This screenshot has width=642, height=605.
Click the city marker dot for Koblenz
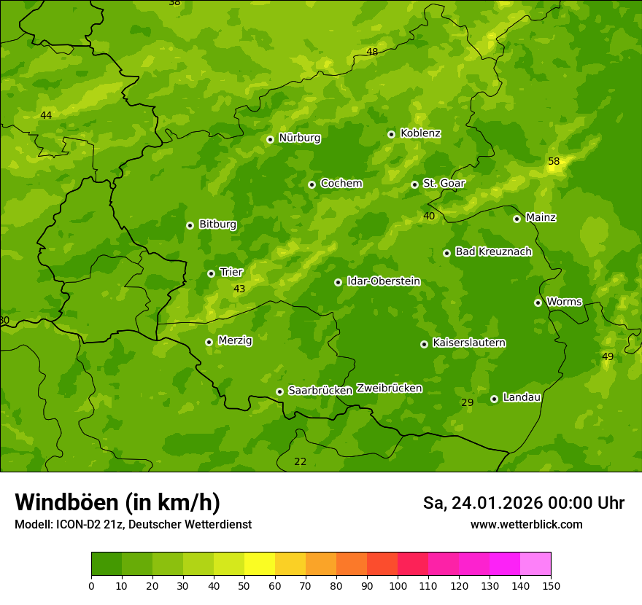tap(391, 134)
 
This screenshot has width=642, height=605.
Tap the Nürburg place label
tap(299, 138)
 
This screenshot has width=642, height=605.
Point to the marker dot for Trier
tap(211, 273)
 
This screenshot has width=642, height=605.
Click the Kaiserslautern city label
tap(469, 343)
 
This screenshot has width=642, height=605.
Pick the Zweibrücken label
tap(389, 389)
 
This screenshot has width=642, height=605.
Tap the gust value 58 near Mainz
tap(554, 161)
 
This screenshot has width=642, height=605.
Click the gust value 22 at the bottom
tap(300, 461)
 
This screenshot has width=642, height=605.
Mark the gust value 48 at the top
tap(372, 52)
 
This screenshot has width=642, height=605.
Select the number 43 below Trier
tap(239, 289)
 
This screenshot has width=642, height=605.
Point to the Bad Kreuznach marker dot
tap(446, 253)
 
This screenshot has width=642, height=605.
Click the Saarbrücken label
tap(320, 391)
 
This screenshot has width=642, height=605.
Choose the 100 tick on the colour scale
tap(398, 585)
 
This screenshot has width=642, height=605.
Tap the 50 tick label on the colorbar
tap(244, 585)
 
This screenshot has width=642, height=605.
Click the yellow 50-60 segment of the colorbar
tap(260, 564)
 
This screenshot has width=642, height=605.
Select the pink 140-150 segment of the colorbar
tap(535, 564)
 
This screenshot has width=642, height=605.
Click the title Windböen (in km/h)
tap(117, 502)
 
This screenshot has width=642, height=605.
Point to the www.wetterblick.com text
tap(526, 524)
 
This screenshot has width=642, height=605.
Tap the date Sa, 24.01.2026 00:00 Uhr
tap(523, 503)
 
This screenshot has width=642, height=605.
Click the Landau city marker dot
tap(494, 399)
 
